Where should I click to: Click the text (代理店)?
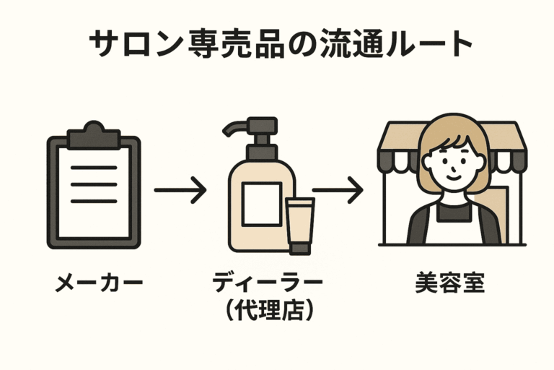pos(268,311)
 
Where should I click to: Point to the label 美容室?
pos(449,283)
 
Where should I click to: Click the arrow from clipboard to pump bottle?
pos(180,192)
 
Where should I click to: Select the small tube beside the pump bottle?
pos(299,224)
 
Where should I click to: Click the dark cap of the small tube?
pos(299,247)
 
